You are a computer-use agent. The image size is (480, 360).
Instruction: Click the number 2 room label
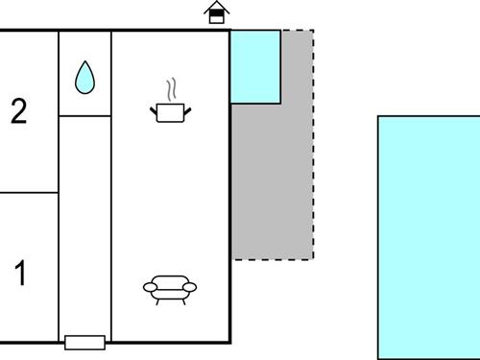18,112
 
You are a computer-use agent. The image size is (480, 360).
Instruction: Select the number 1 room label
20,274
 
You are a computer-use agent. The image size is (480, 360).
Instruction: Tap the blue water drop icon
84,78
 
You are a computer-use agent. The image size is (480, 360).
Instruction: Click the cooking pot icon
171,113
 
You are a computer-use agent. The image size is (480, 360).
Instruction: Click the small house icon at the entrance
218,12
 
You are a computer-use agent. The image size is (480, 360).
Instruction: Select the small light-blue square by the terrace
255,66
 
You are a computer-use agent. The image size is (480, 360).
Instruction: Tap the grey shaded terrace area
274,182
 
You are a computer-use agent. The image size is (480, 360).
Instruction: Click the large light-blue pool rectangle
428,236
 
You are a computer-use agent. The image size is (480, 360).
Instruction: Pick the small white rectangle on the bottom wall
84,342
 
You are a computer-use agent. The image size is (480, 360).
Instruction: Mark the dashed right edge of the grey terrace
313,144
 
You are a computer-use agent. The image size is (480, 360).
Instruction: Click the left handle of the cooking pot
154,111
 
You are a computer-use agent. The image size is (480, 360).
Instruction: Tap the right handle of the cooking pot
189,111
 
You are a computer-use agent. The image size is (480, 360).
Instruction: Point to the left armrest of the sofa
148,286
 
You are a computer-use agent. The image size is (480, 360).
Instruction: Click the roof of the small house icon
218,7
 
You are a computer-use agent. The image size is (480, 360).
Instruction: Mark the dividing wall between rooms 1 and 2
29,192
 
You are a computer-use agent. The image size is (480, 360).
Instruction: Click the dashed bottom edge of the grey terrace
273,258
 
